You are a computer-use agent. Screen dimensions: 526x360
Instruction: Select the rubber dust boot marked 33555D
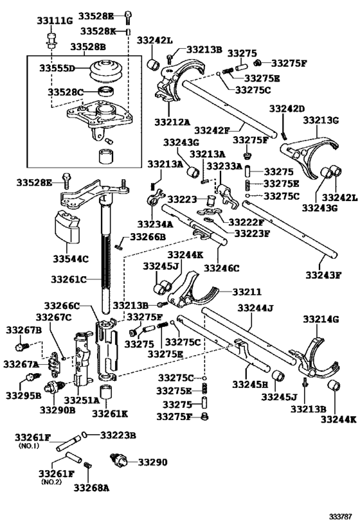pyautogui.click(x=105, y=70)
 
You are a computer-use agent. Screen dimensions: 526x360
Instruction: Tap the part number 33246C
pyautogui.click(x=222, y=268)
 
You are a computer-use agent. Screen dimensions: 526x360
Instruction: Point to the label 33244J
pyautogui.click(x=255, y=309)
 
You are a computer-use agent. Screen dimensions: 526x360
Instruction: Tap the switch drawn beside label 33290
pyautogui.click(x=121, y=460)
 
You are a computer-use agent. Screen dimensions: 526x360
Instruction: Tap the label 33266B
pyautogui.click(x=147, y=237)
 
